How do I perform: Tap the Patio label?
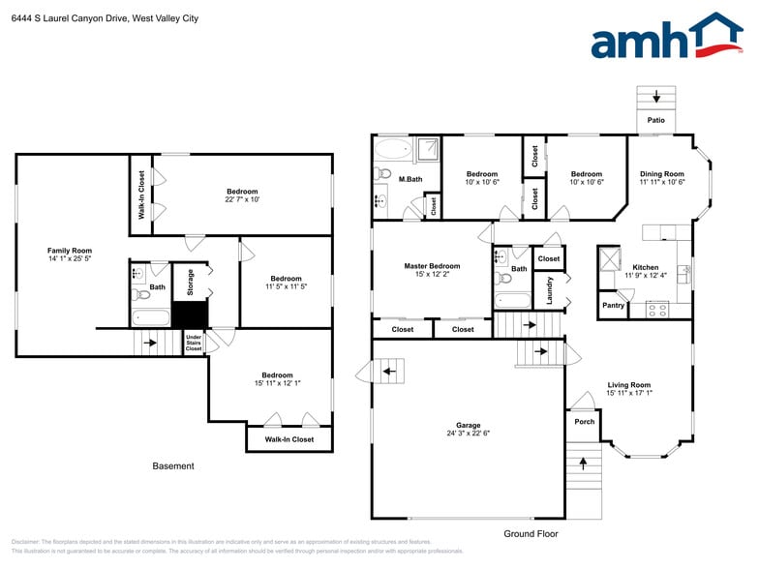pyautogui.click(x=656, y=121)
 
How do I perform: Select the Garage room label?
pyautogui.click(x=469, y=425)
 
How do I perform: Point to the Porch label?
pyautogui.click(x=585, y=422)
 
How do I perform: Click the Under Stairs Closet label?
pyautogui.click(x=194, y=342)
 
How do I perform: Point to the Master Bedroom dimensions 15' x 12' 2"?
pyautogui.click(x=432, y=274)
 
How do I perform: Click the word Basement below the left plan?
pyautogui.click(x=173, y=465)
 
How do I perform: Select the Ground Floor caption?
pyautogui.click(x=531, y=533)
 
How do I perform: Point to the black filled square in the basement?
pyautogui.click(x=190, y=315)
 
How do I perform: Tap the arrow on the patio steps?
pyautogui.click(x=656, y=96)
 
